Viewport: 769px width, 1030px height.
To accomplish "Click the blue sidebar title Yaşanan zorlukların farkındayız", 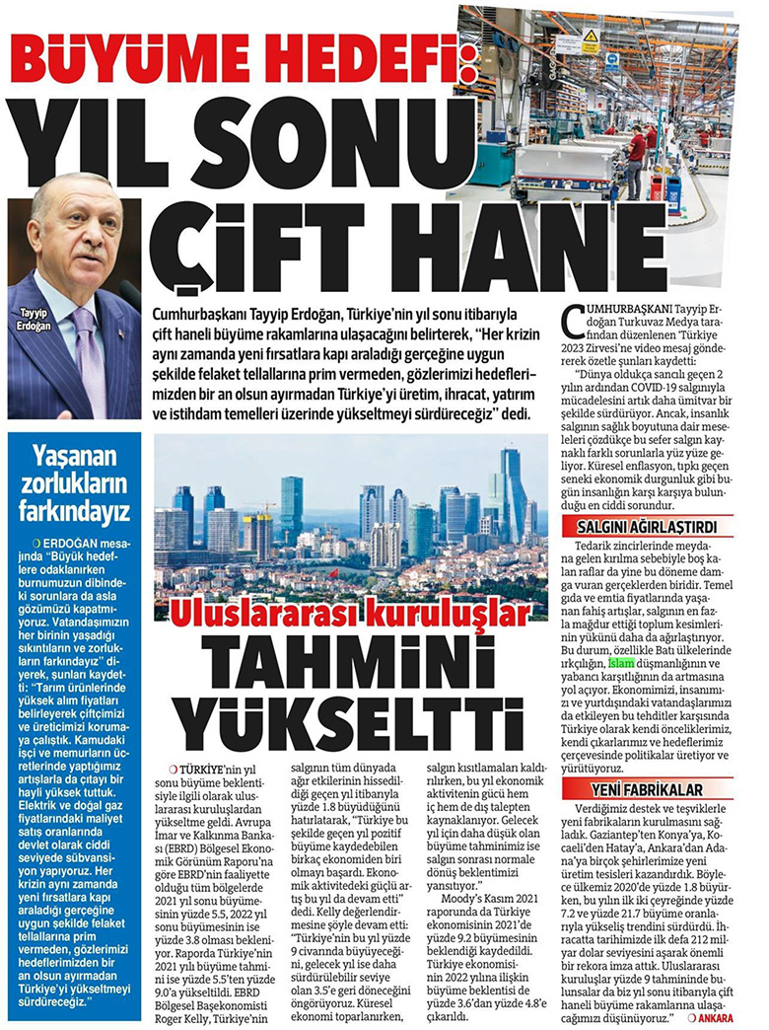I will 77,481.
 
